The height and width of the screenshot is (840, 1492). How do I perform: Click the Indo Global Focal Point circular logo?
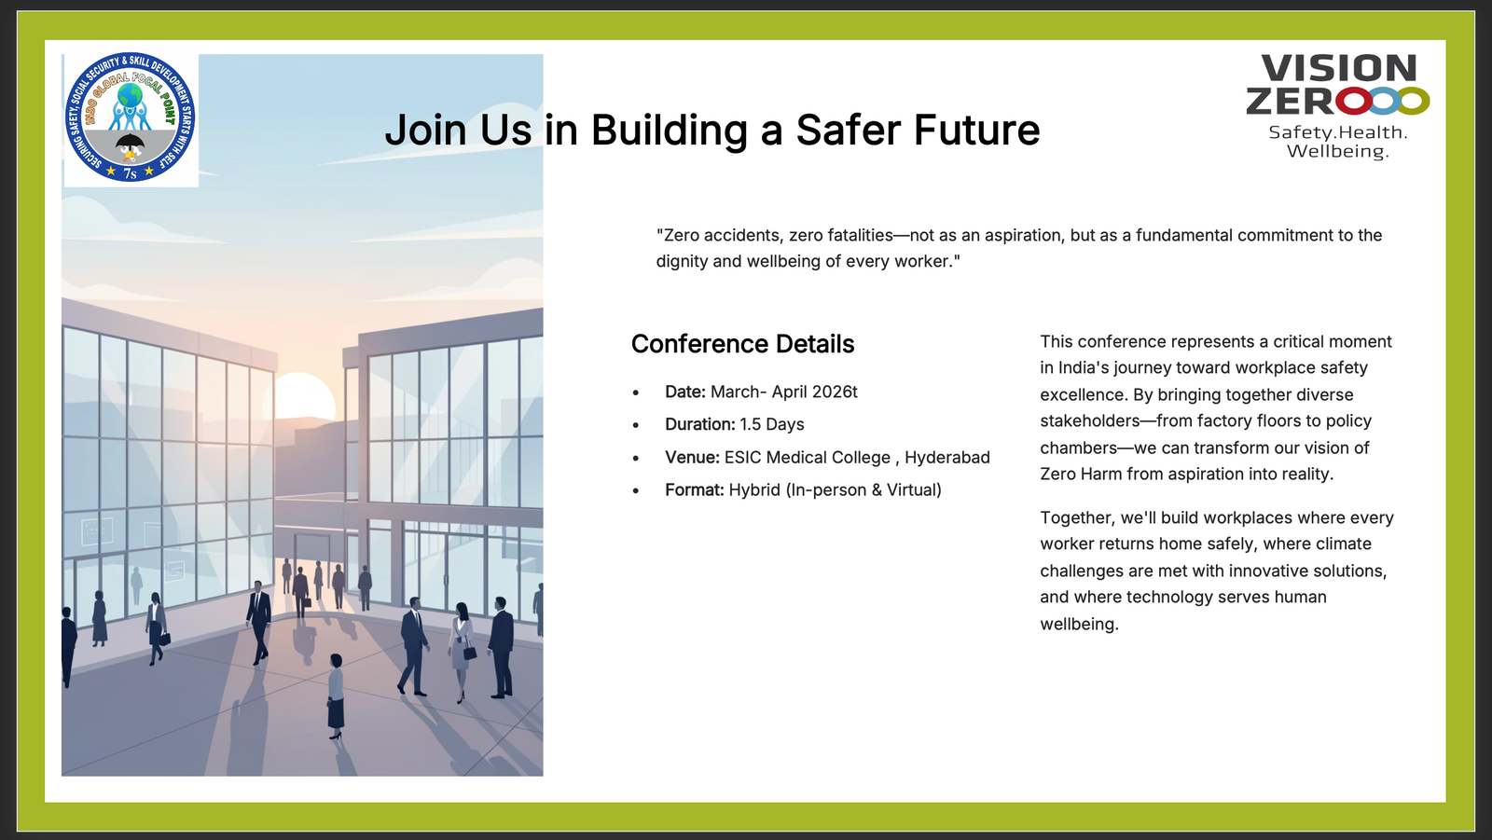pos(130,117)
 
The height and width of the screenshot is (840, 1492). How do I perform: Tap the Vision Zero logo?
pos(1337,106)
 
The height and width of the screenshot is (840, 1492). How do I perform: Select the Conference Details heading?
pos(742,344)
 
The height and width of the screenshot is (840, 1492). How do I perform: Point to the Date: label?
pos(684,392)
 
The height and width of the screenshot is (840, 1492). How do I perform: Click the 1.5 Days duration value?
pos(772,424)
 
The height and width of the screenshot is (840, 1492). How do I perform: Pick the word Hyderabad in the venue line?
pos(947,458)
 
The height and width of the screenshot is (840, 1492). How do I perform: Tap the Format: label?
pos(694,490)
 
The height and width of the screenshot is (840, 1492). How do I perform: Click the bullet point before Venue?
pos(636,459)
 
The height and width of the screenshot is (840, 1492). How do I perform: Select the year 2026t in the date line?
pos(835,392)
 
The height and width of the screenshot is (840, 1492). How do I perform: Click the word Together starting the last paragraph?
pos(1078,518)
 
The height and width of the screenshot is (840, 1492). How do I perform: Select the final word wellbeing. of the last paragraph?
pos(1079,625)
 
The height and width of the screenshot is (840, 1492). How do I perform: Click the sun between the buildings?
pos(303,396)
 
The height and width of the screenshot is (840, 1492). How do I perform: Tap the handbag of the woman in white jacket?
pos(470,653)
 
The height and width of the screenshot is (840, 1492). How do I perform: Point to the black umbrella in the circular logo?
pos(130,141)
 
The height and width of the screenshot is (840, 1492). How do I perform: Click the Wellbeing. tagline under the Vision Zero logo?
pos(1337,152)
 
